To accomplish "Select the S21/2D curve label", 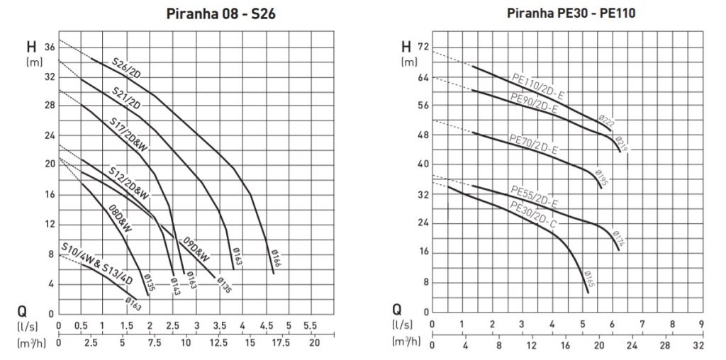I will (125, 98).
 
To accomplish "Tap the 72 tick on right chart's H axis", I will (424, 47).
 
